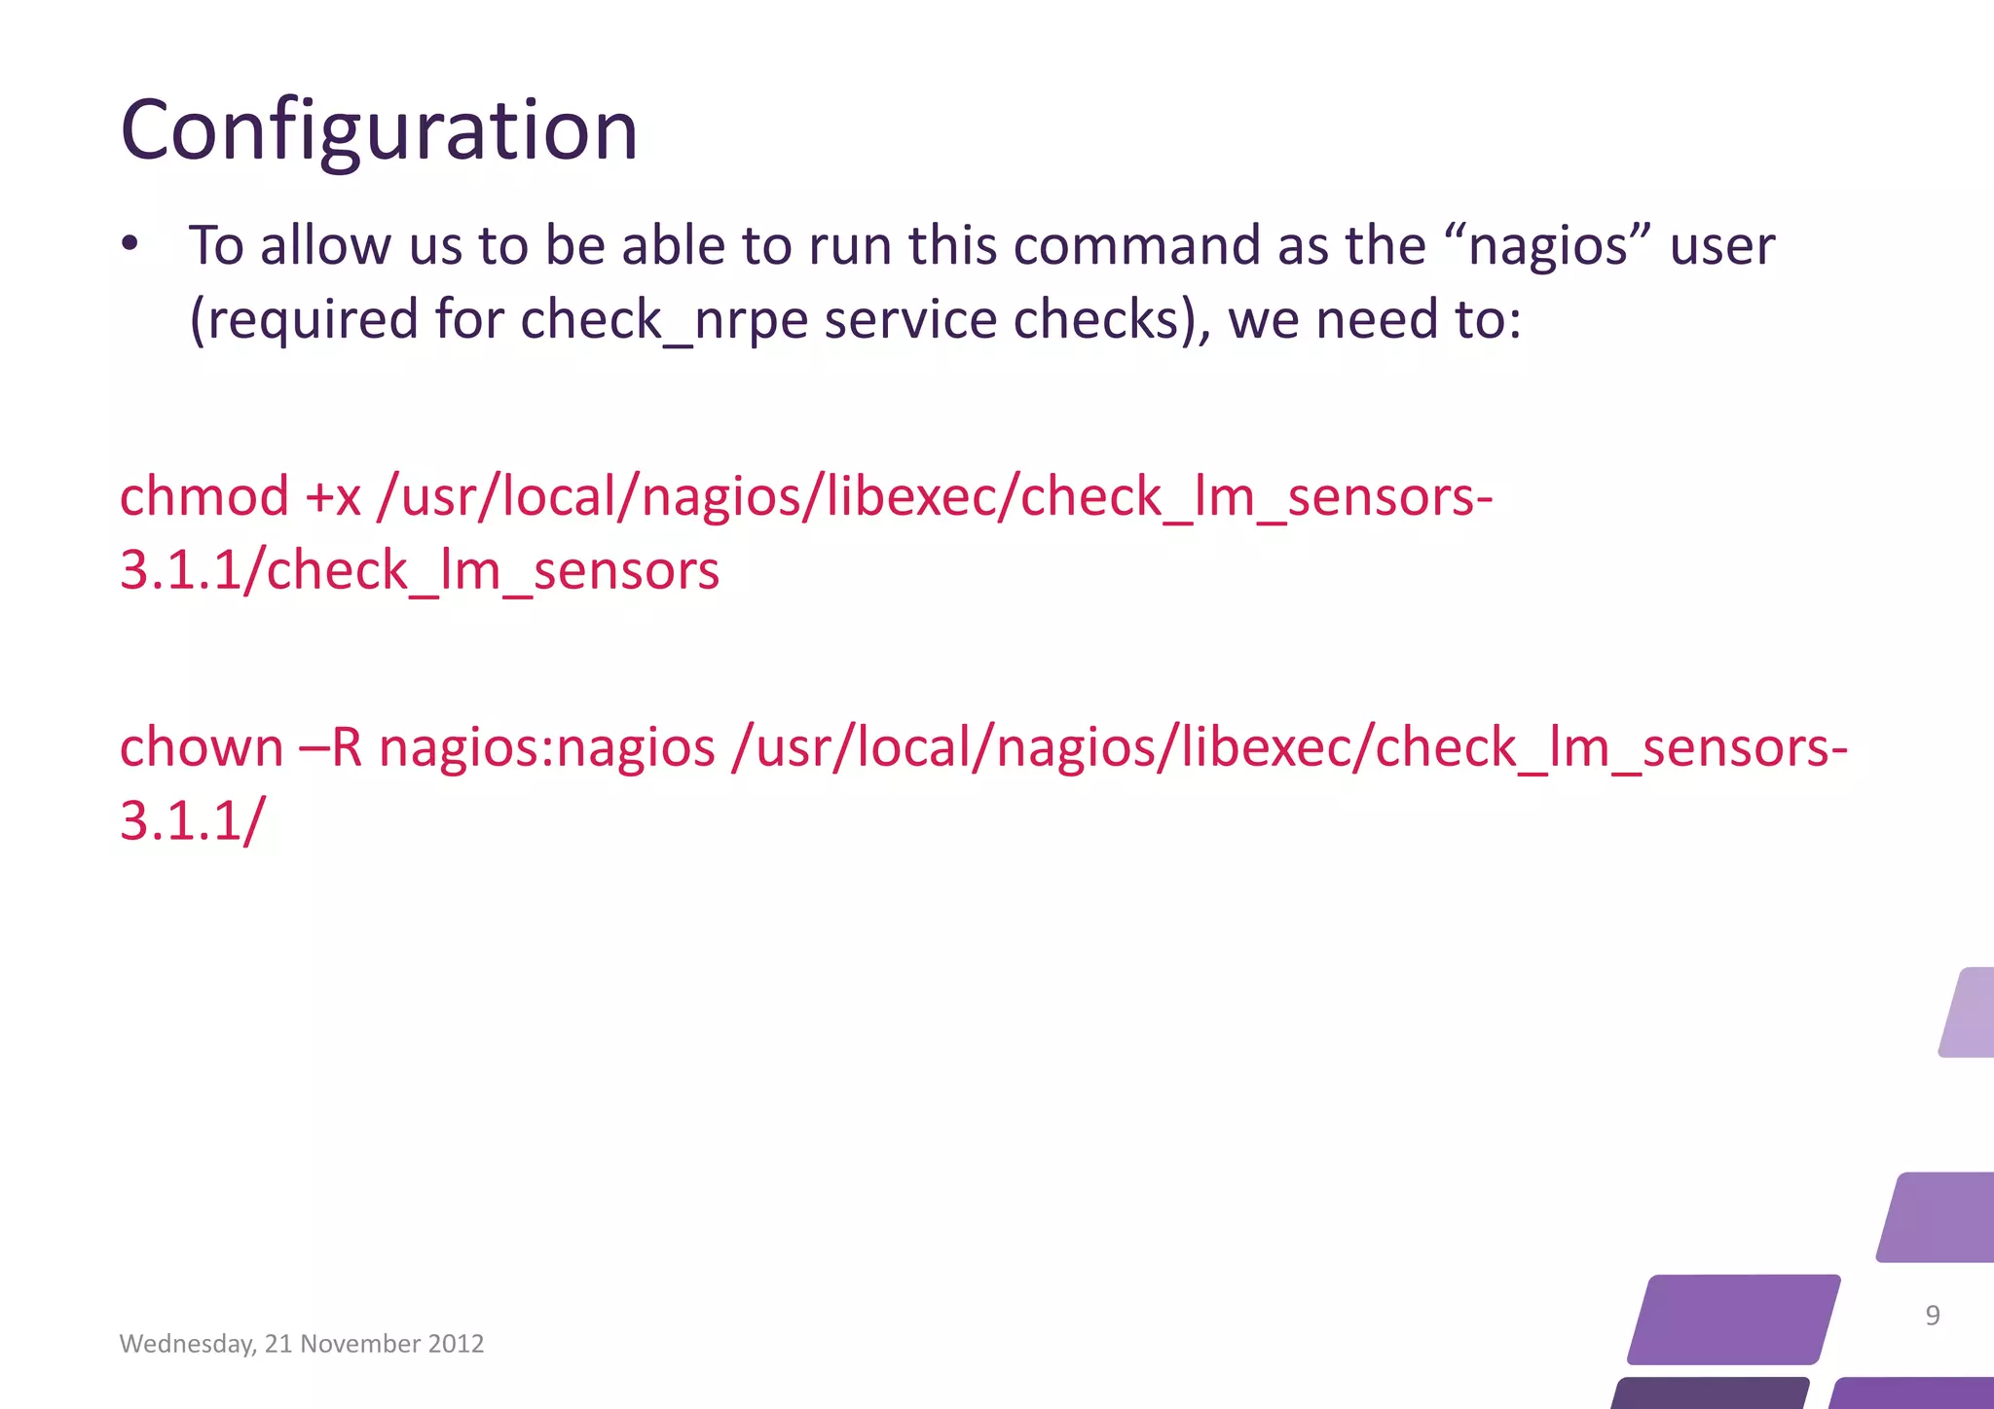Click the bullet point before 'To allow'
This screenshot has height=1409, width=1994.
[129, 245]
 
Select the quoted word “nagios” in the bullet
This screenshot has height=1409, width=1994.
[1548, 245]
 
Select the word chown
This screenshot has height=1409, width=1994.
[202, 747]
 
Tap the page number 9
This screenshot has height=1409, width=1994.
[1933, 1316]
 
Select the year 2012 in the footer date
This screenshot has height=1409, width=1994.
[456, 1344]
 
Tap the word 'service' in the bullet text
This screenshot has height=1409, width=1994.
[910, 320]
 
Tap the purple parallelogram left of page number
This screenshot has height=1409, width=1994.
[1733, 1319]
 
